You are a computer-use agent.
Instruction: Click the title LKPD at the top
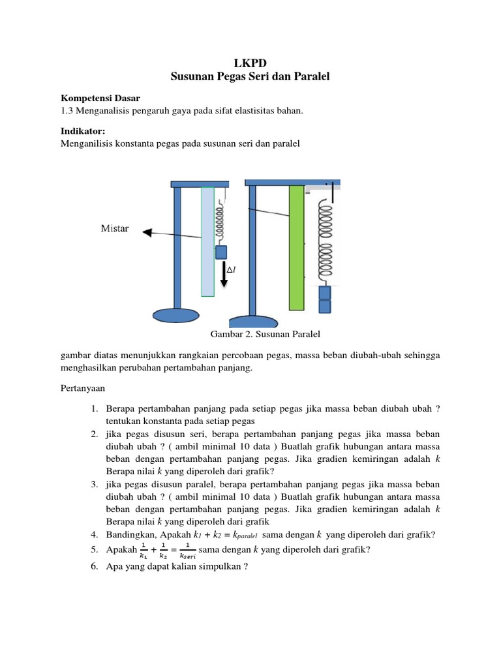[x=250, y=63]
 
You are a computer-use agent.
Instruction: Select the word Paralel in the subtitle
[x=311, y=77]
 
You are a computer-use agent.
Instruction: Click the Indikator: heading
[x=82, y=131]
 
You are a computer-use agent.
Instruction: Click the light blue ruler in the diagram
[x=207, y=241]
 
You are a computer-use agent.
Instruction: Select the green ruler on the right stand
[x=297, y=248]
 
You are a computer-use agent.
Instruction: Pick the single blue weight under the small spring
[x=221, y=252]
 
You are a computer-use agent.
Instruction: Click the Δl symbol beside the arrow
[x=230, y=269]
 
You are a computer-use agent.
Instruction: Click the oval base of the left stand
[x=176, y=315]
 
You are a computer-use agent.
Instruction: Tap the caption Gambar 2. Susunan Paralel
[x=266, y=334]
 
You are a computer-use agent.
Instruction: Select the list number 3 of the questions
[x=95, y=485]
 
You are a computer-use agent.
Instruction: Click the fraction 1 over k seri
[x=187, y=551]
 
